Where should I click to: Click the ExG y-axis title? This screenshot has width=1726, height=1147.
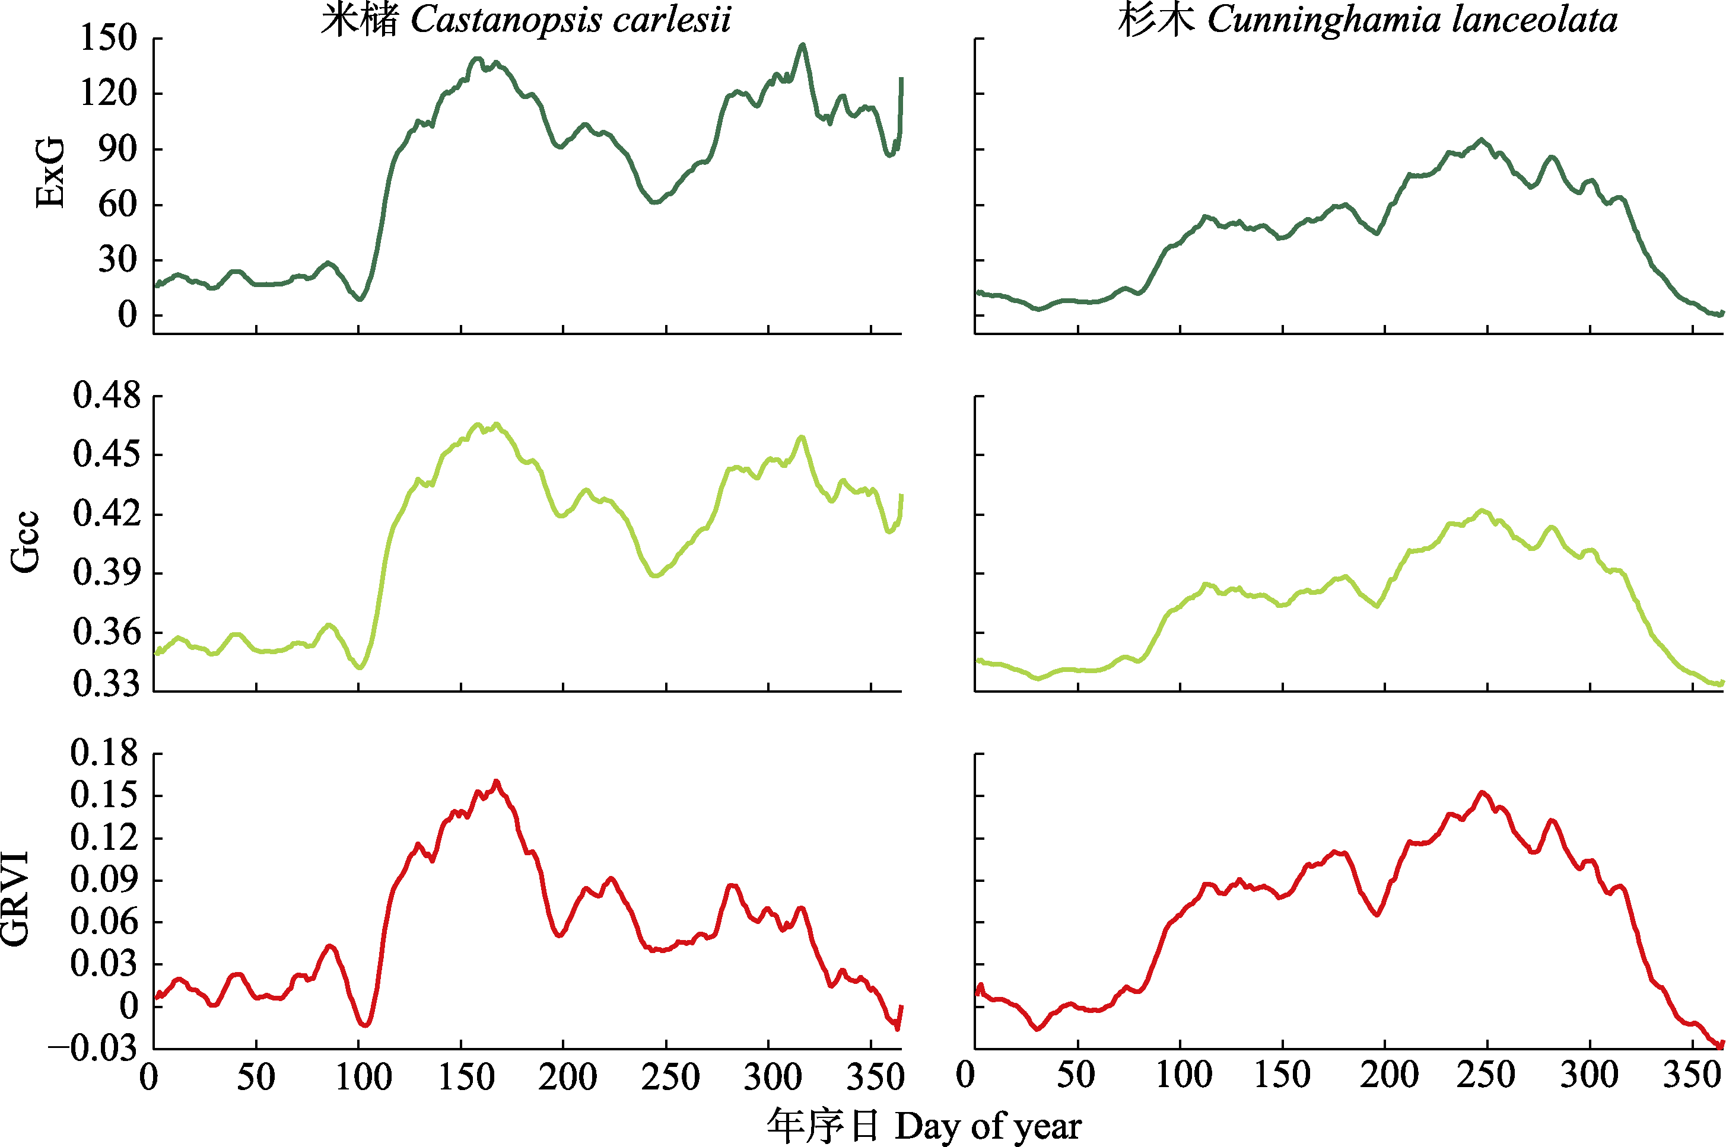coord(50,173)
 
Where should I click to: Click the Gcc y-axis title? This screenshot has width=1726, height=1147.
coord(25,541)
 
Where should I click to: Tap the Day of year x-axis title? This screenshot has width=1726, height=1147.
coord(923,1126)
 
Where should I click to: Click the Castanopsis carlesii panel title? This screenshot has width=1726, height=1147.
coord(525,20)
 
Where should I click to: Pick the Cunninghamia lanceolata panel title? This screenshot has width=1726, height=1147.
coord(1368,20)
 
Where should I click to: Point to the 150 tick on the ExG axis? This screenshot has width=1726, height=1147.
coord(109,38)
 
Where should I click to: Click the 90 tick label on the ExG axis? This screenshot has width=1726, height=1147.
coord(117,149)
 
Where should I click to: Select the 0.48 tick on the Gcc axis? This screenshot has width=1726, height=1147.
coord(107,396)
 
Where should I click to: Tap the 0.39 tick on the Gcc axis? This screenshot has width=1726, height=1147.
coord(107,573)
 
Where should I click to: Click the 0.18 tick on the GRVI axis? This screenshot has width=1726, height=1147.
coord(104,753)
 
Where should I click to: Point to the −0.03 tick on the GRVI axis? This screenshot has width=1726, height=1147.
coord(94,1047)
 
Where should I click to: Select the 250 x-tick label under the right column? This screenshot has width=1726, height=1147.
coord(1485,1075)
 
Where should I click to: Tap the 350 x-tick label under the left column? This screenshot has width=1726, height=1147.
coord(875,1078)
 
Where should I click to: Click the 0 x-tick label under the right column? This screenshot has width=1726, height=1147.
coord(966,1075)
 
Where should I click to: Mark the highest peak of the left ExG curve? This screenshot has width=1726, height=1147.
coord(803,44)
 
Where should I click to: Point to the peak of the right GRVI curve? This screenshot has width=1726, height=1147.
coord(1482,792)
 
